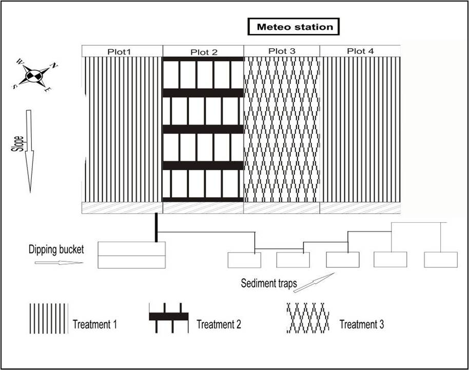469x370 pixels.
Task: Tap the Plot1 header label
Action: pos(120,51)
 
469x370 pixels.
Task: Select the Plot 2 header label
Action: pos(204,51)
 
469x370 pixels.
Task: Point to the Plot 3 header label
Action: pos(282,51)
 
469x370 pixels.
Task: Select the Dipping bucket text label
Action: pos(56,250)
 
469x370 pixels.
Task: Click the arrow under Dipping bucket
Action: pos(58,263)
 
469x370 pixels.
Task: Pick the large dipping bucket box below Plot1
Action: pos(132,255)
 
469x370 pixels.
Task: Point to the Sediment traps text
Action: pos(269,283)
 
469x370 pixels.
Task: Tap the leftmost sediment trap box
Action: pos(244,260)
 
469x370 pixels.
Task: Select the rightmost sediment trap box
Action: pos(440,260)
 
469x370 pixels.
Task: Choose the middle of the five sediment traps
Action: pos(343,260)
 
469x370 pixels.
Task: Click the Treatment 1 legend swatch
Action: pos(48,318)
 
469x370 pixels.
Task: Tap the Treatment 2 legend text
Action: pos(219,324)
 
